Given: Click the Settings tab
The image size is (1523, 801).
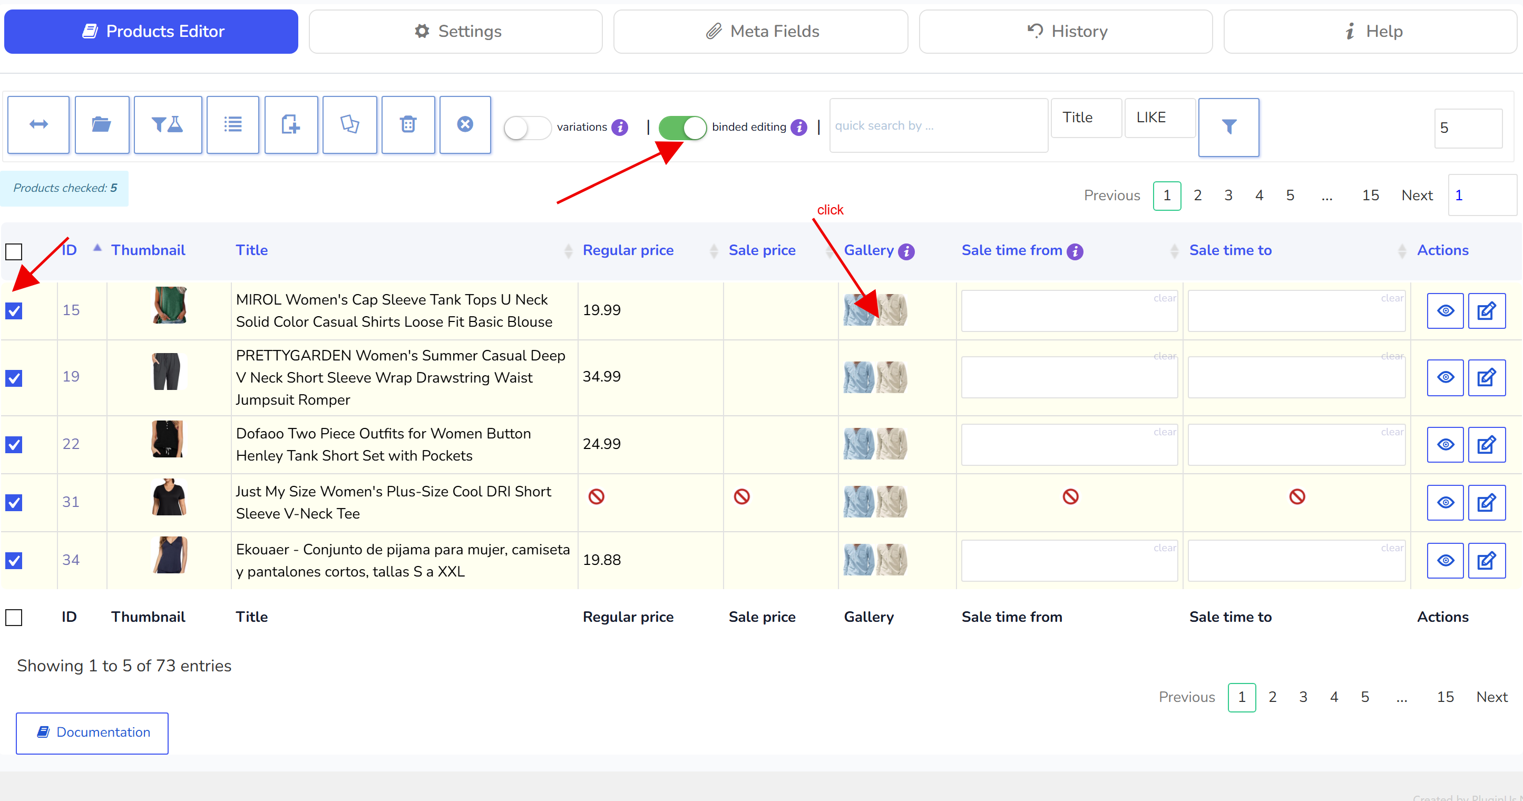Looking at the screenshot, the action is point(456,31).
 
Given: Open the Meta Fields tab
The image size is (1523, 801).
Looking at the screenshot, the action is point(760,31).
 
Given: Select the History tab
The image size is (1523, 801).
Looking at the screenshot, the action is point(1066,31).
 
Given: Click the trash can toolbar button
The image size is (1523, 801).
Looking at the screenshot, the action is point(408,125).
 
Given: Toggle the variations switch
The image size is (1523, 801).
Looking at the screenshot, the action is point(528,127).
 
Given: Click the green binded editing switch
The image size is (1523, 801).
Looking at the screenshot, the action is point(682,127).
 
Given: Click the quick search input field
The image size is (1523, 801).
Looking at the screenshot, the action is point(938,125).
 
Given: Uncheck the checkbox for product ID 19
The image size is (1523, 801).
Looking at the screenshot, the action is point(14,378).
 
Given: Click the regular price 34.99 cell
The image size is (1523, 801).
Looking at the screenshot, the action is point(602,377).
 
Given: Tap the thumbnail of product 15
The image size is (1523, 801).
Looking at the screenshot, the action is point(170,305).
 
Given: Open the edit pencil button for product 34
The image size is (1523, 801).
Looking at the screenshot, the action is point(1486,560).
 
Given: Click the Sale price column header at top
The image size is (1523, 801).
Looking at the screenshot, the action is point(761,251).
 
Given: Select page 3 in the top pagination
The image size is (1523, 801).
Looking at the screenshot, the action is point(1228,196).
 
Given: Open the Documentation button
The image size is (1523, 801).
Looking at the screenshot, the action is point(92,733).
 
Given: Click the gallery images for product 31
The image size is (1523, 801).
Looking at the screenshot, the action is point(875,502).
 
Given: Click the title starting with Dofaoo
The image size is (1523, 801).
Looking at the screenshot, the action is point(383,445).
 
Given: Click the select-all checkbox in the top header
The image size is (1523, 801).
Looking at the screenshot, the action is point(14,252).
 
